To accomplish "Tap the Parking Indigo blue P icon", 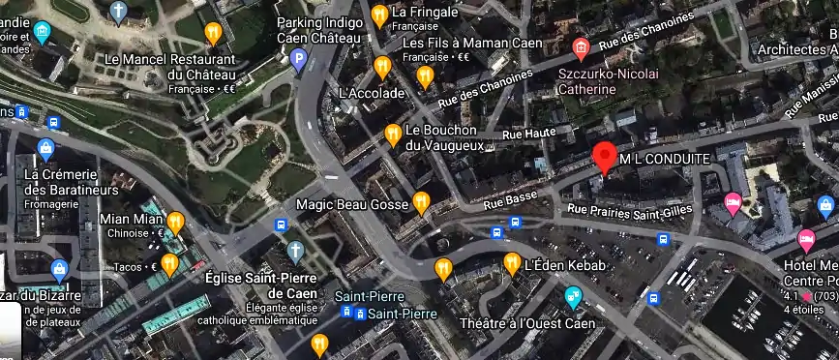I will pos(299,60).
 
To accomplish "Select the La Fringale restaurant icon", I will pos(379,15).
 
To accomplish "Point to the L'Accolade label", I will pos(372,93).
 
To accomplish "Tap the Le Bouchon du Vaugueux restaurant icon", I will pos(393,134).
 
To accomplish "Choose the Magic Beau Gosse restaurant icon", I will pos(421,202).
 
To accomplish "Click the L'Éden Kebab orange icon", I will pos(512,262).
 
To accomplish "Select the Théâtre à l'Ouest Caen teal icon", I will pos(574,296).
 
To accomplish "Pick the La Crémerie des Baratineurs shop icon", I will pos(45,148).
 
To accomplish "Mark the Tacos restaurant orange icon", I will pos(169,261).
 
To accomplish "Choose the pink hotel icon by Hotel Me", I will pos(805,238).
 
